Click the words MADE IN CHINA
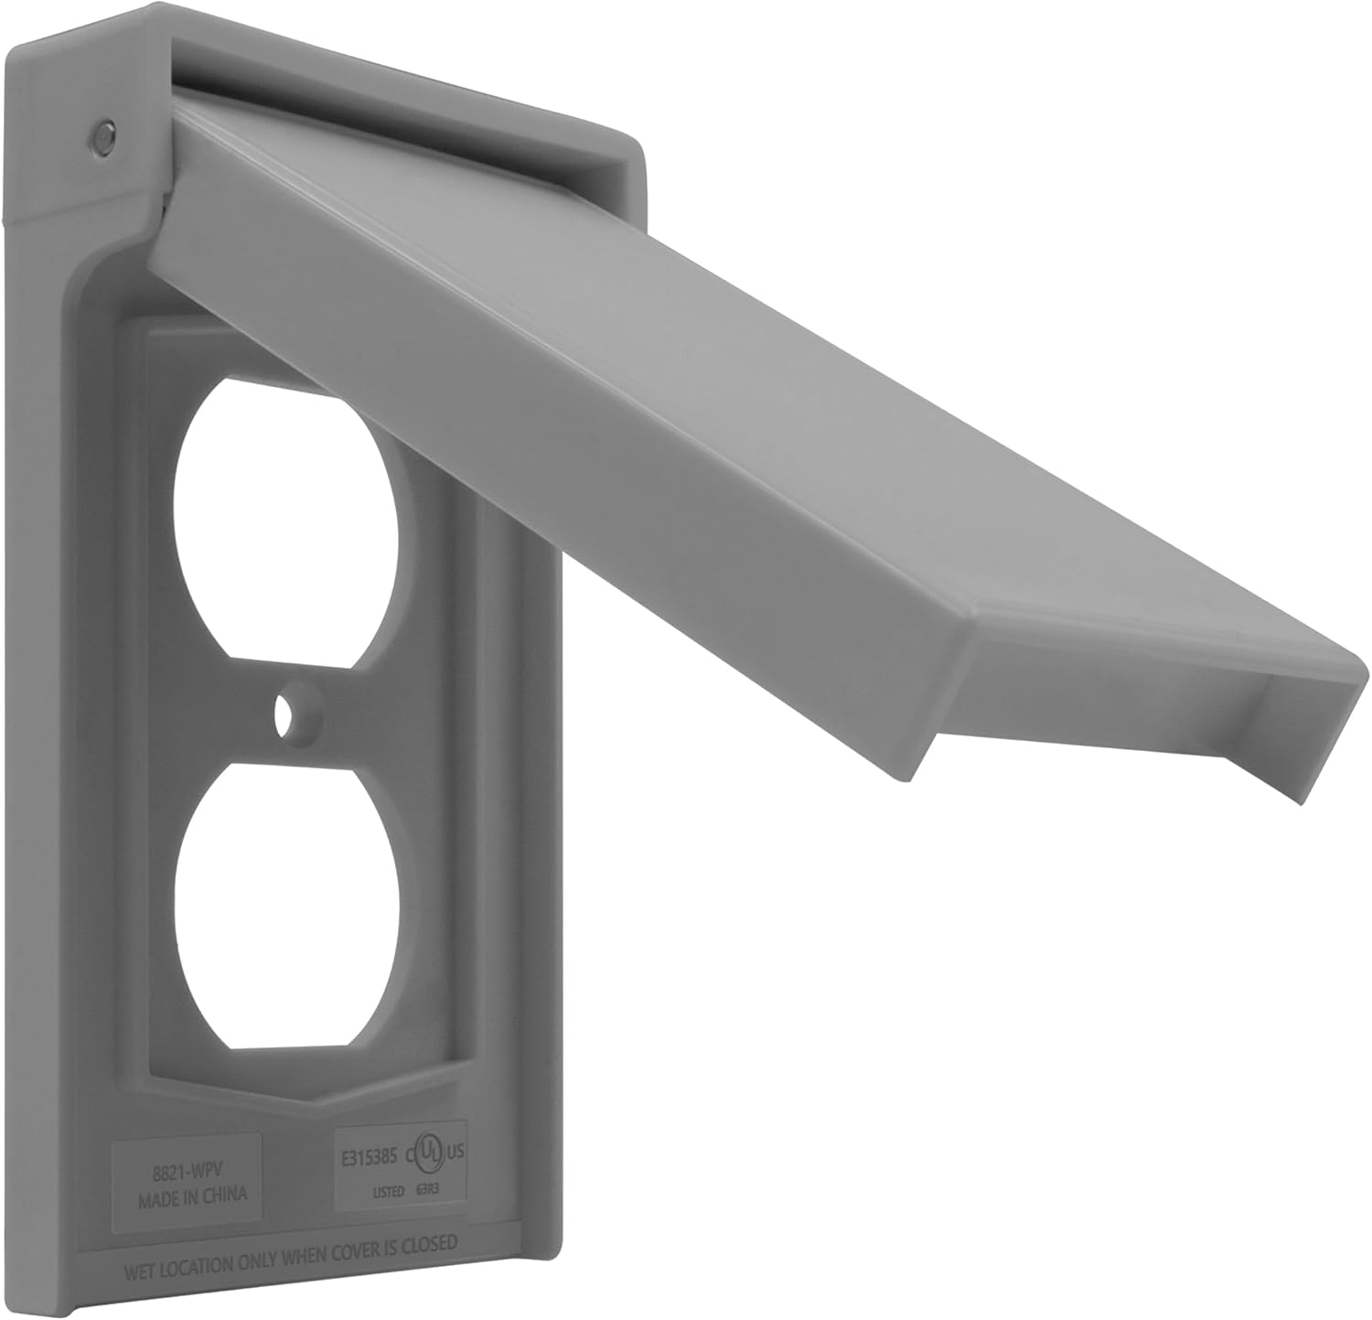(x=192, y=1199)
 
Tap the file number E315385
(x=369, y=1157)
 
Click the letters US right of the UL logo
(x=456, y=1152)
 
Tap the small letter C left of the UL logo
(x=408, y=1155)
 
